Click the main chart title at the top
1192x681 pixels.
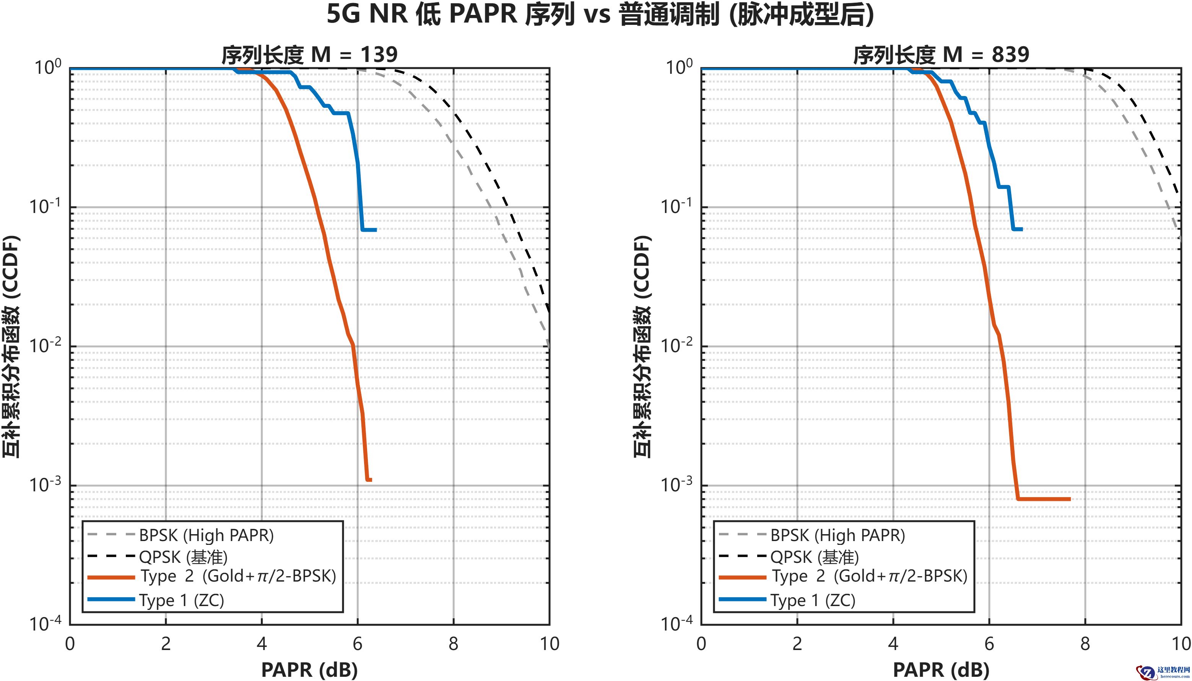600,14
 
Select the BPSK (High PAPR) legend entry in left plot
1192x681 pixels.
206,535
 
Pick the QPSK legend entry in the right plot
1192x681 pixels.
814,557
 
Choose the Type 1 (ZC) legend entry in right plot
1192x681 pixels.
813,600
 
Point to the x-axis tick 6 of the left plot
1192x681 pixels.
357,644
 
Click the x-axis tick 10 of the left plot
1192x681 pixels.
549,644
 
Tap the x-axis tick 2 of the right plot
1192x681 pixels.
797,644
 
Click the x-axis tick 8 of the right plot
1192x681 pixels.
1085,644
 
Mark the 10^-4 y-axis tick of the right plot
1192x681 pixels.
676,624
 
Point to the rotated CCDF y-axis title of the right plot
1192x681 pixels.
642,346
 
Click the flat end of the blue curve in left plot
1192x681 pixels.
369,230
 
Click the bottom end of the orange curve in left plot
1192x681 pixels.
369,480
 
